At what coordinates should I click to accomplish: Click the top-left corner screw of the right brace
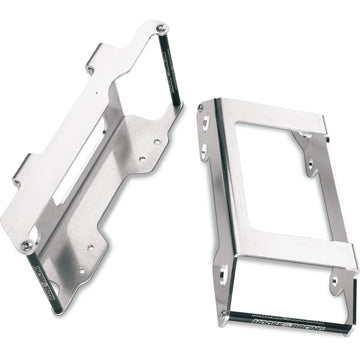pyautogui.click(x=212, y=100)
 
